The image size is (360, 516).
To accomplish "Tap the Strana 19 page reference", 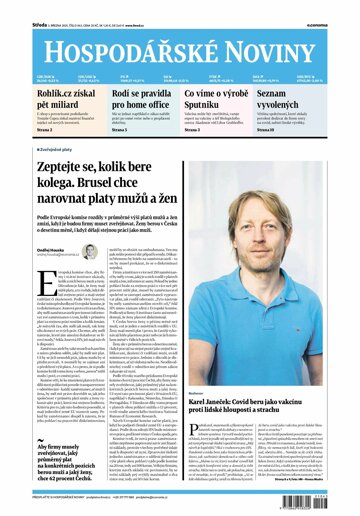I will point(293,129).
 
